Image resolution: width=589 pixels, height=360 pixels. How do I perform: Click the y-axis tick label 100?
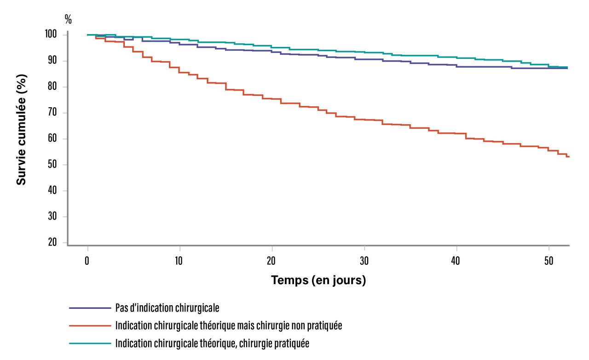point(51,35)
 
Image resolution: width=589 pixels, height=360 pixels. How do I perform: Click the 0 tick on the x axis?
point(87,261)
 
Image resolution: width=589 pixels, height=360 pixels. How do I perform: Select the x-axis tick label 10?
point(179,261)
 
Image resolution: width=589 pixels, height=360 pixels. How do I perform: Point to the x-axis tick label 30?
point(364,261)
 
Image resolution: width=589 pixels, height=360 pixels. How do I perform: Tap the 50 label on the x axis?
point(549,261)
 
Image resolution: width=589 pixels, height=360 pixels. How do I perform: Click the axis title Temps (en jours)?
point(318,280)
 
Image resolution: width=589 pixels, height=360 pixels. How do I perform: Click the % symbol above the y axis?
point(68,19)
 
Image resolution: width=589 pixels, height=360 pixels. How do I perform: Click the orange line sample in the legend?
point(90,325)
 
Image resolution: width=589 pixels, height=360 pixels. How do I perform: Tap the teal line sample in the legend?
point(90,343)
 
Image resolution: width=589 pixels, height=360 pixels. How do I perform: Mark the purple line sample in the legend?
point(90,308)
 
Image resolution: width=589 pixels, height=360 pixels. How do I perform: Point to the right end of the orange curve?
point(569,157)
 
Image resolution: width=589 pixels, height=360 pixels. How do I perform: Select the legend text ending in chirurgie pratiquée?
point(213,343)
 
